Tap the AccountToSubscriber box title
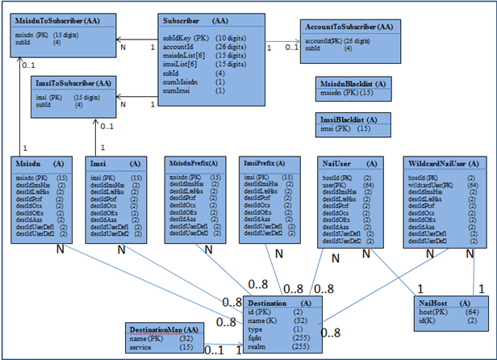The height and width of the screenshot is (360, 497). pos(348,27)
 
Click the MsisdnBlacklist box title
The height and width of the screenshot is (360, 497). pos(353,83)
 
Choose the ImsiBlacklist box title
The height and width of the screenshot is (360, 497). pos(348,118)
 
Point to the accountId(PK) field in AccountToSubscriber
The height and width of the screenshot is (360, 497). pos(324,40)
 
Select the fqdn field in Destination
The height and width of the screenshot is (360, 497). pos(257,337)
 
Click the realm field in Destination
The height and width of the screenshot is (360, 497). pos(258,345)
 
